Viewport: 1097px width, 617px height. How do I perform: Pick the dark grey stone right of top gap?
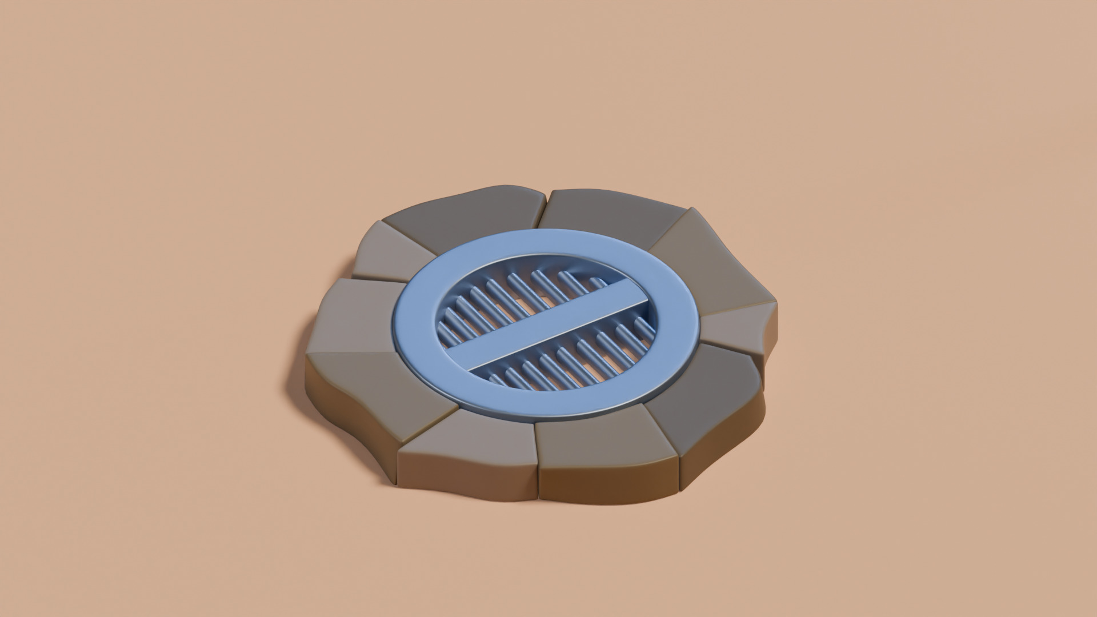coord(611,214)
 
